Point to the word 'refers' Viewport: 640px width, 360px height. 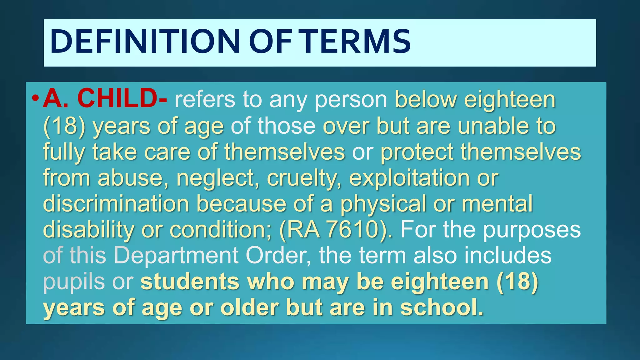point(205,100)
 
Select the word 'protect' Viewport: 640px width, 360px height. point(417,152)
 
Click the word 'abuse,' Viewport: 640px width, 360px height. point(133,178)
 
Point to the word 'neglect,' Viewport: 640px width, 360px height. point(217,178)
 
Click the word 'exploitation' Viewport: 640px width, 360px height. point(409,178)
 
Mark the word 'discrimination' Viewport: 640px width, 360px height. point(116,204)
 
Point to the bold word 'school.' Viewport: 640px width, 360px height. point(442,307)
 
